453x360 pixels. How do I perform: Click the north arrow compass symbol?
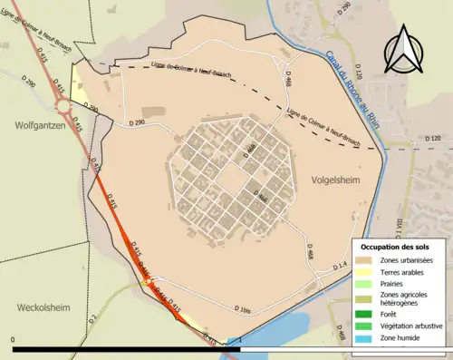[404, 50]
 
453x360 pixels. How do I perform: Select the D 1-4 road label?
[339, 266]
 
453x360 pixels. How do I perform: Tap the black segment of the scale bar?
[127, 348]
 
